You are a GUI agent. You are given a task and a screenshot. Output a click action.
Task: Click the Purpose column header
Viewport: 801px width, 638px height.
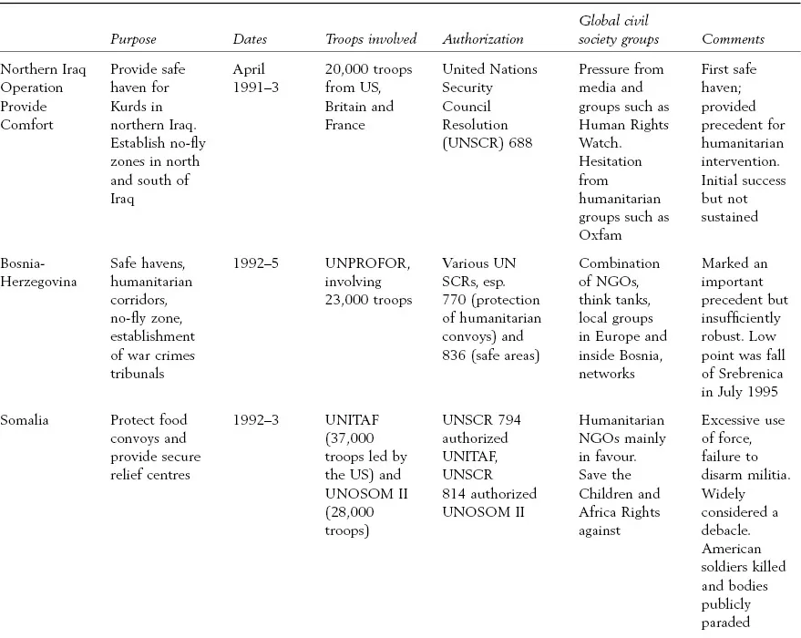tap(133, 39)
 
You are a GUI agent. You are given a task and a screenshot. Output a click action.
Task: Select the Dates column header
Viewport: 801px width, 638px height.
tap(250, 39)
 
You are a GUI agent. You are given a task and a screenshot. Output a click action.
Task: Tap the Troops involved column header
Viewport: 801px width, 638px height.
tap(371, 39)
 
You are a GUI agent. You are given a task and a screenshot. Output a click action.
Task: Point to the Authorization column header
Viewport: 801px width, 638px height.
tap(482, 39)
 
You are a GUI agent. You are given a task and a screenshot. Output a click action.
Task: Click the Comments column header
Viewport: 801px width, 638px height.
tap(733, 39)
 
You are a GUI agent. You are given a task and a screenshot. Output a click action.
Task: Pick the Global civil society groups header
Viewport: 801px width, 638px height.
tap(618, 30)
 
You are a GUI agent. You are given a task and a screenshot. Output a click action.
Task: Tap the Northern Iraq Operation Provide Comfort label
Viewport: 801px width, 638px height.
tap(32, 97)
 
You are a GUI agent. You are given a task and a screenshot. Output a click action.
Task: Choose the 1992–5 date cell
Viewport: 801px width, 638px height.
tap(256, 263)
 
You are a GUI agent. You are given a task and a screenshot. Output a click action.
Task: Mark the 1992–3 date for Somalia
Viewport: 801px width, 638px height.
tap(256, 420)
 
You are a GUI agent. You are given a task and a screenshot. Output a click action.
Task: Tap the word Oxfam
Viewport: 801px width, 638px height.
tap(599, 235)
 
